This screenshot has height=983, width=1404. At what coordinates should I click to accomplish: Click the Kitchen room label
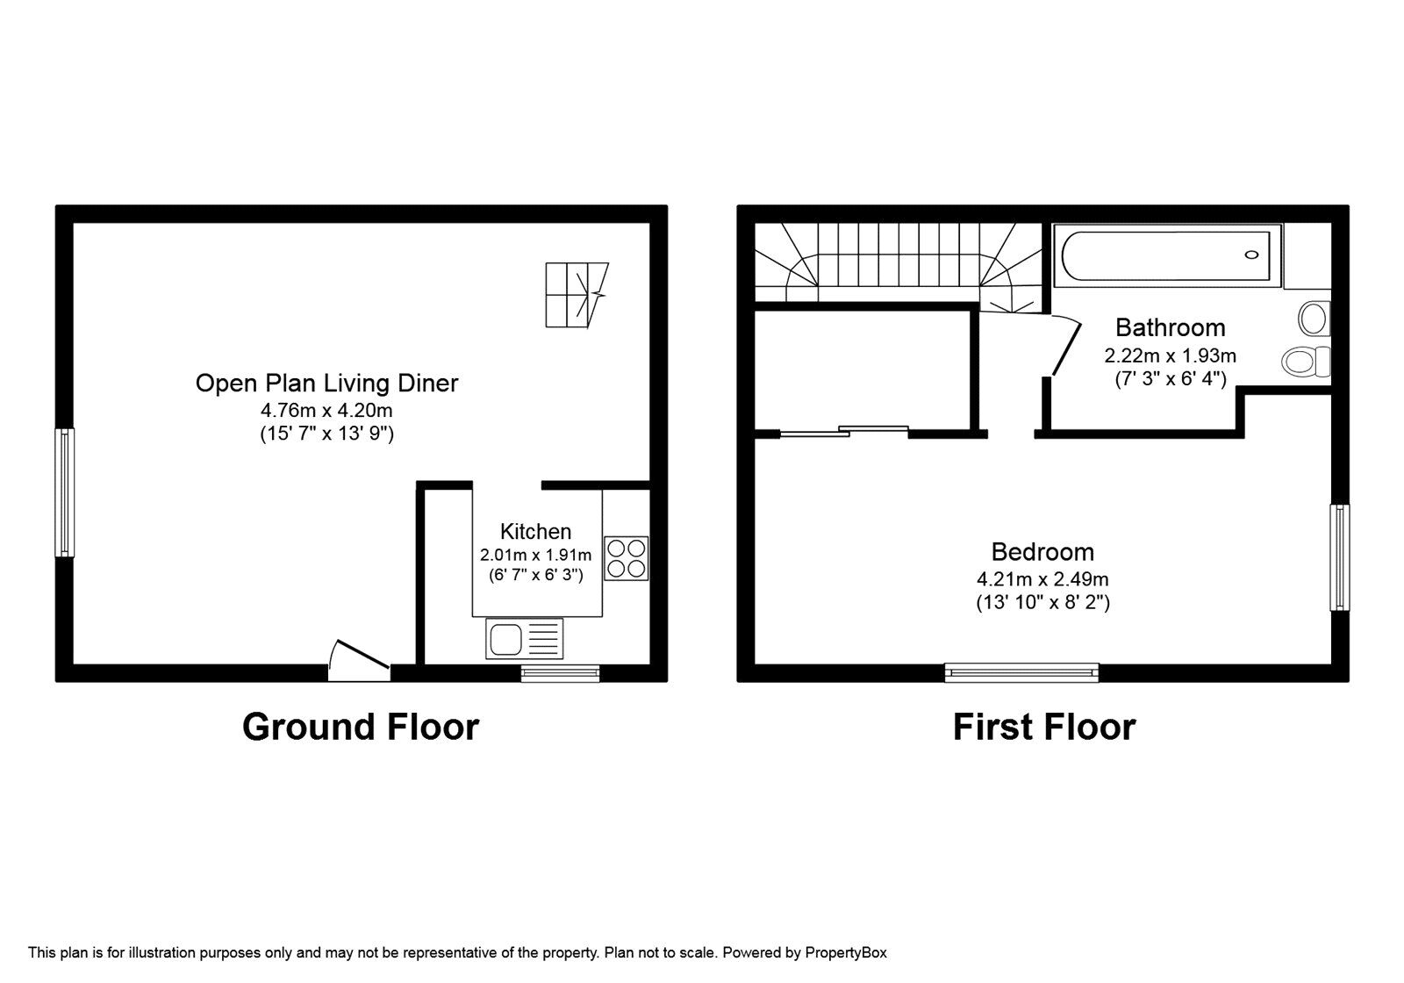[x=535, y=531]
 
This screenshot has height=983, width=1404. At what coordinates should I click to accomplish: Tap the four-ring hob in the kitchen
[x=627, y=558]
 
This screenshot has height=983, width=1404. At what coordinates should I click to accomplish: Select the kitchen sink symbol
[x=524, y=638]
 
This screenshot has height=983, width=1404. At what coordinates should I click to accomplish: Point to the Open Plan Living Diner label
[x=326, y=383]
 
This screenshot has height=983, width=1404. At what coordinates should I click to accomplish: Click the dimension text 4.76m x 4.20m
[x=326, y=410]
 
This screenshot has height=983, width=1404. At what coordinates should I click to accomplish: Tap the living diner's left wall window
[x=65, y=491]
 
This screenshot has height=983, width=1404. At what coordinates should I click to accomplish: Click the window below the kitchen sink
[x=560, y=673]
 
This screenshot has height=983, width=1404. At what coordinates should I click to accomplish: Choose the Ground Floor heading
[x=360, y=727]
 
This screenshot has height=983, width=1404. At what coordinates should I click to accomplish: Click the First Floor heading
[x=1044, y=727]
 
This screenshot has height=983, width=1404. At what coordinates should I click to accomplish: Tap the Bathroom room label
[x=1170, y=327]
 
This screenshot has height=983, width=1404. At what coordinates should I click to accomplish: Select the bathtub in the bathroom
[x=1167, y=255]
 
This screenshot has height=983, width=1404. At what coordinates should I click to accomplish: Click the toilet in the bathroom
[x=1307, y=361]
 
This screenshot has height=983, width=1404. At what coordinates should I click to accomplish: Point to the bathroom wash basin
[x=1314, y=318]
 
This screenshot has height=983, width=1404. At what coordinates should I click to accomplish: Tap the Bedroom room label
[x=1042, y=551]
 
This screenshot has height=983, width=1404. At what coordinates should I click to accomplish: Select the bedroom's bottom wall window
[x=1021, y=672]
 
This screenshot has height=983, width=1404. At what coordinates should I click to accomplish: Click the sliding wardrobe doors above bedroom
[x=844, y=431]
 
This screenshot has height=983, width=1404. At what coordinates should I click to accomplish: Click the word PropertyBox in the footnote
[x=846, y=952]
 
